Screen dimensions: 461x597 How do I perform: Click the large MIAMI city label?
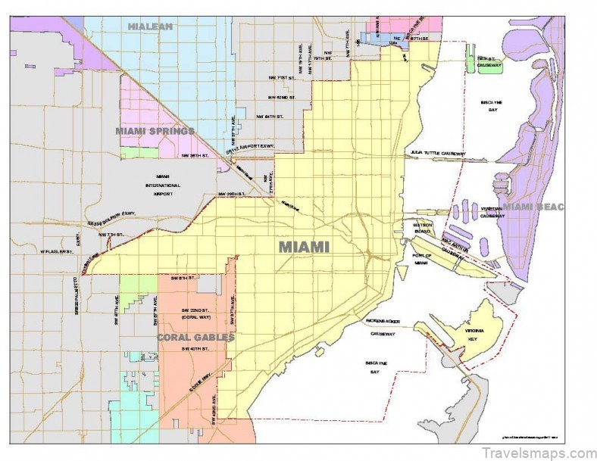304,248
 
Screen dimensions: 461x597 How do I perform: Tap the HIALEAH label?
151,26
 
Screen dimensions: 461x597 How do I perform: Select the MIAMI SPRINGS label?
155,131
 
